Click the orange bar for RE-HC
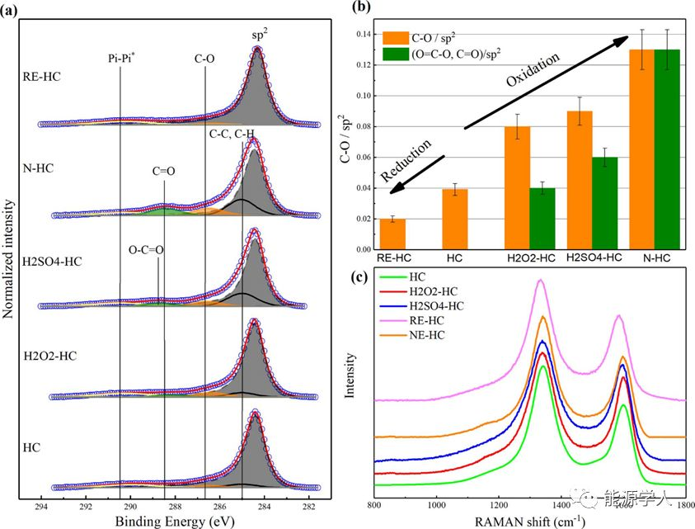coord(392,234)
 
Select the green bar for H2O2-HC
coord(542,219)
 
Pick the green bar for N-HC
coord(666,149)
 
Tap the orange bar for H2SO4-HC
coord(580,180)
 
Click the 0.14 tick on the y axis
coord(363,34)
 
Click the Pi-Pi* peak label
coord(120,59)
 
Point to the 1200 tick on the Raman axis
coord(498,505)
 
